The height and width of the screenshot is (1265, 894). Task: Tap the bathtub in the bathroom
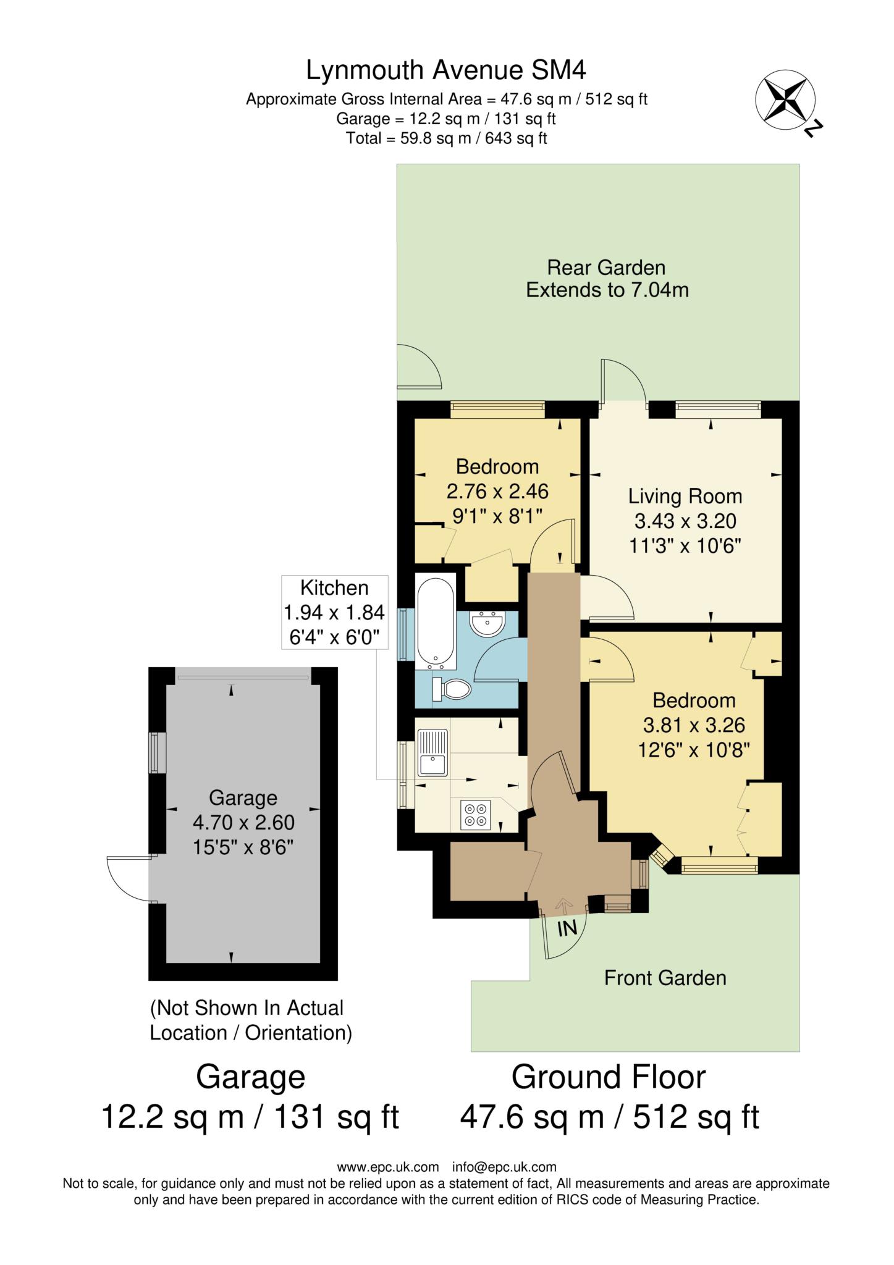click(x=436, y=623)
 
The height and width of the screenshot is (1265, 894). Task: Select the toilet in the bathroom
click(x=452, y=689)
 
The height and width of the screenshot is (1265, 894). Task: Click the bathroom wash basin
click(x=488, y=623)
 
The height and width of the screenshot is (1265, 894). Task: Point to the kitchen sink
click(x=432, y=751)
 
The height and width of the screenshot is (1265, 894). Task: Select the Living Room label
click(x=685, y=496)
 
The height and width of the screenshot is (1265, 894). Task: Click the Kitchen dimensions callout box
click(x=334, y=611)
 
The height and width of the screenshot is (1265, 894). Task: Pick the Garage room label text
click(x=243, y=797)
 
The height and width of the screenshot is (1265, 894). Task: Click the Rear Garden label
click(x=606, y=267)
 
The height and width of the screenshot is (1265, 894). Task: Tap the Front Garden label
click(x=665, y=978)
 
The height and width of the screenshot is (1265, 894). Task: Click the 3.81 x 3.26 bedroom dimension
click(x=694, y=725)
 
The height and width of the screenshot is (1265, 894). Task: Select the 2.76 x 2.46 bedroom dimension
click(x=497, y=491)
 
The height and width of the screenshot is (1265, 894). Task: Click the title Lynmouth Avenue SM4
click(x=445, y=70)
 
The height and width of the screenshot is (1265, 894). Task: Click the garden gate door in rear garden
click(x=418, y=367)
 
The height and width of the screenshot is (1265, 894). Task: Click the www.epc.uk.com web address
click(x=387, y=1167)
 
